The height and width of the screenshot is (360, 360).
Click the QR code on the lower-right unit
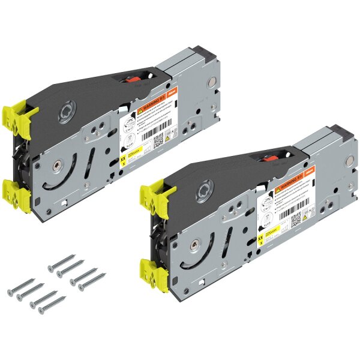(x=296, y=219)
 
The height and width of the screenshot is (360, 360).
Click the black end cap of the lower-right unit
(x=340, y=134)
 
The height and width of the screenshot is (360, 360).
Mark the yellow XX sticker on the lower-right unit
(x=260, y=241)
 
